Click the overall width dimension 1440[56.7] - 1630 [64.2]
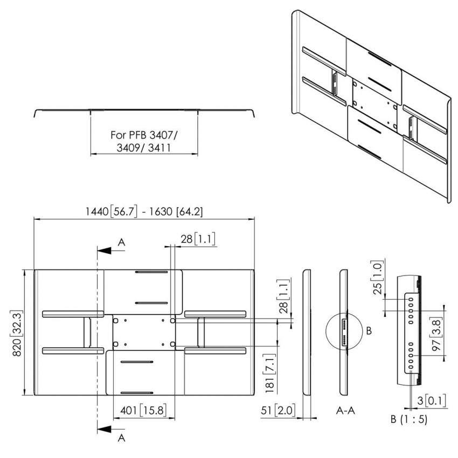click(x=144, y=212)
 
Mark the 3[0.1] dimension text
click(x=431, y=401)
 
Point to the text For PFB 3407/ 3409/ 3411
click(x=143, y=141)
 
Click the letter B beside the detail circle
click(x=369, y=331)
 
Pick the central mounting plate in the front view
click(x=143, y=332)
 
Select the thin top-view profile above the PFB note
click(x=144, y=112)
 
